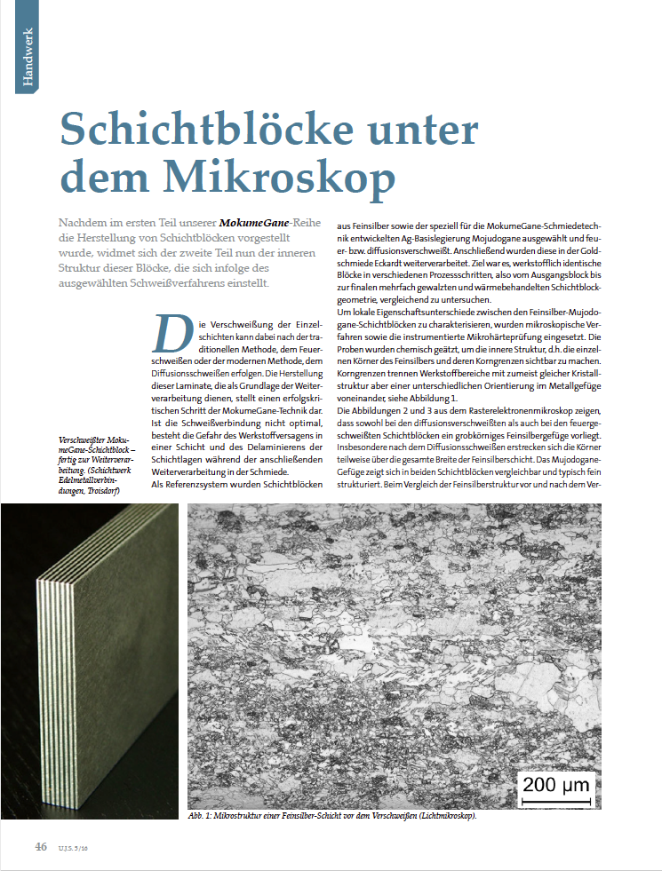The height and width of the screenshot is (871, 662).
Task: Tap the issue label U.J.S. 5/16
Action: (x=74, y=848)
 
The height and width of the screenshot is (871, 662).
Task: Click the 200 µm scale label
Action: (x=554, y=784)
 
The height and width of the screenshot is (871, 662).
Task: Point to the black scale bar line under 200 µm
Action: (x=555, y=802)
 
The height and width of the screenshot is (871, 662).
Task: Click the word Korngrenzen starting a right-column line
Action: (x=363, y=374)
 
